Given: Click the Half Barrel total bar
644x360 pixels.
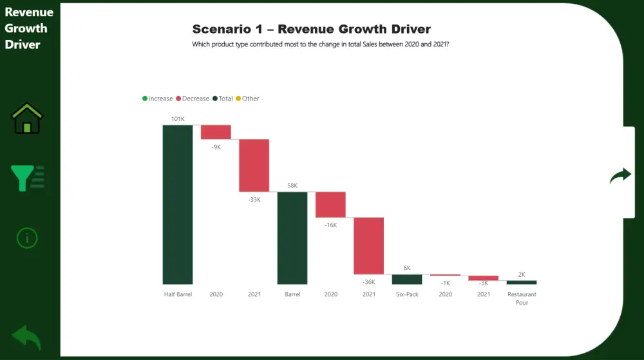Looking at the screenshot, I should (x=177, y=204).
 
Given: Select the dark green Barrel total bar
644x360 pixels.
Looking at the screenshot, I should (x=292, y=238).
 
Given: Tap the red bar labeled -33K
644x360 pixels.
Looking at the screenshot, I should (x=254, y=165).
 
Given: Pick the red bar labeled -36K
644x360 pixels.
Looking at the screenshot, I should (x=368, y=246).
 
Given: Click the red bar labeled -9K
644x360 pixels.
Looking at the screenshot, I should (x=216, y=132).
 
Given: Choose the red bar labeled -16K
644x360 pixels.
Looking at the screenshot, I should (x=330, y=204).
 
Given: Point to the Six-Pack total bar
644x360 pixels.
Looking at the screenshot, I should (x=407, y=279).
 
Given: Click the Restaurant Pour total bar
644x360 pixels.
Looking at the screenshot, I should (x=522, y=282).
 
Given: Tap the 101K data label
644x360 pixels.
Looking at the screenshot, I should (x=178, y=119).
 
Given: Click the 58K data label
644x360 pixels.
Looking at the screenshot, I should (x=292, y=185).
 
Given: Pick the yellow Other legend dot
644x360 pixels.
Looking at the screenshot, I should (x=238, y=99).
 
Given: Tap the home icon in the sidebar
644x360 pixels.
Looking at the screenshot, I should (x=27, y=118).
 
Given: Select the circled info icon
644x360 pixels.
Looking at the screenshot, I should (x=27, y=238).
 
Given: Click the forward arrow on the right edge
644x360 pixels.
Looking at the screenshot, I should (x=621, y=176).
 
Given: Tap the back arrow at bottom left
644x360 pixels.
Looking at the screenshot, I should (x=26, y=337).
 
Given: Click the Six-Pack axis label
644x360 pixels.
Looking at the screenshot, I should (x=407, y=294).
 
